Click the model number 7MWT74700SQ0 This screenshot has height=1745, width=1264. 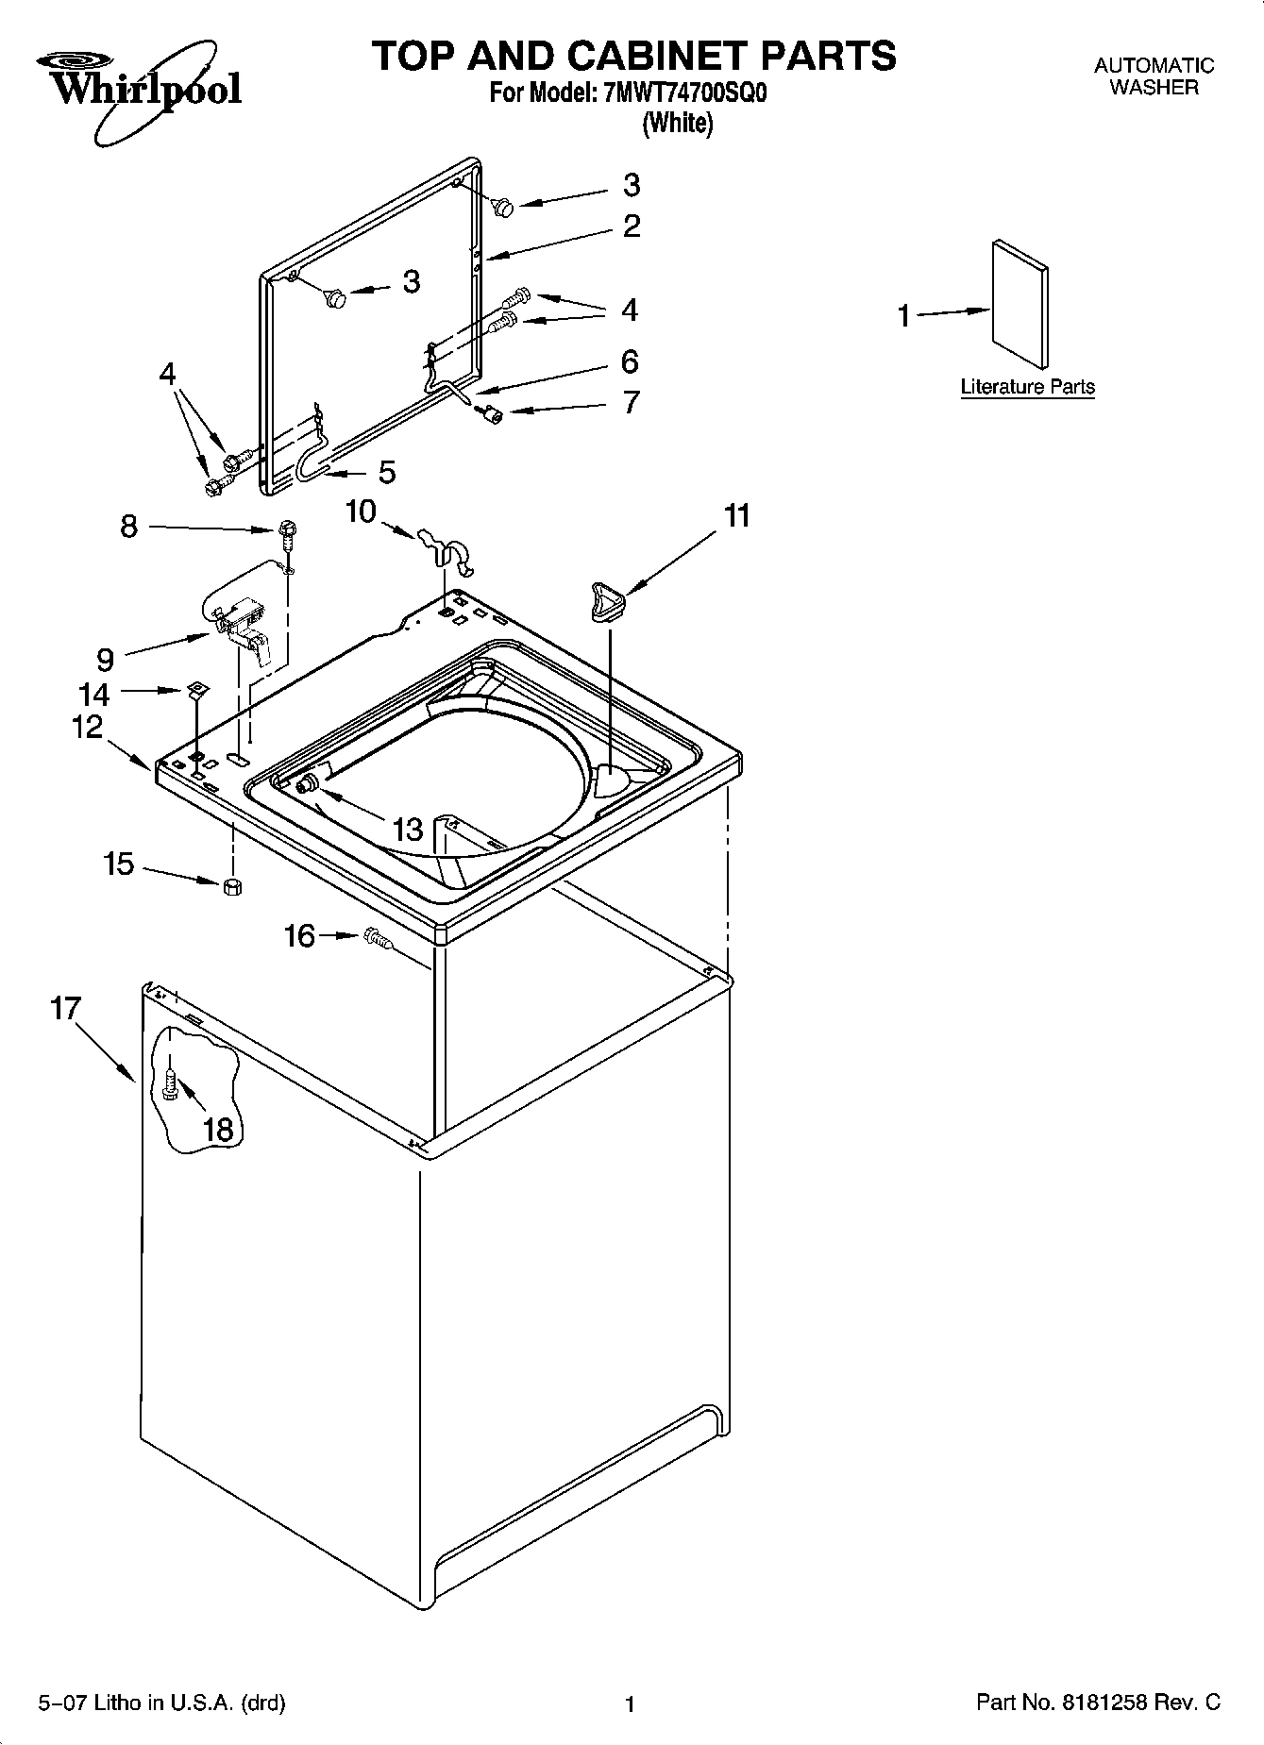677,94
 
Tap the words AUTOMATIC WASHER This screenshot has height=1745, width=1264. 1153,76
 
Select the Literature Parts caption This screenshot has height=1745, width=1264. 1027,387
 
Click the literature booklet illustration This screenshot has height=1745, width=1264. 1020,303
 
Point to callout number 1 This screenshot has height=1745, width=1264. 904,316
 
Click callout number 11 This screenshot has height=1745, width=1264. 736,516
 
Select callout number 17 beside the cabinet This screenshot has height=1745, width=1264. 66,1008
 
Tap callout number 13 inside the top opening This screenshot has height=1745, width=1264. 408,830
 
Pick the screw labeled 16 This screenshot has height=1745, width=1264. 377,937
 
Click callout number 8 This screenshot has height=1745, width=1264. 129,526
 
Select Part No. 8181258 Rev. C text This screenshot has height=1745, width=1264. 1097,1702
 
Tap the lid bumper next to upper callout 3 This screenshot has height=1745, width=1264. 505,206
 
